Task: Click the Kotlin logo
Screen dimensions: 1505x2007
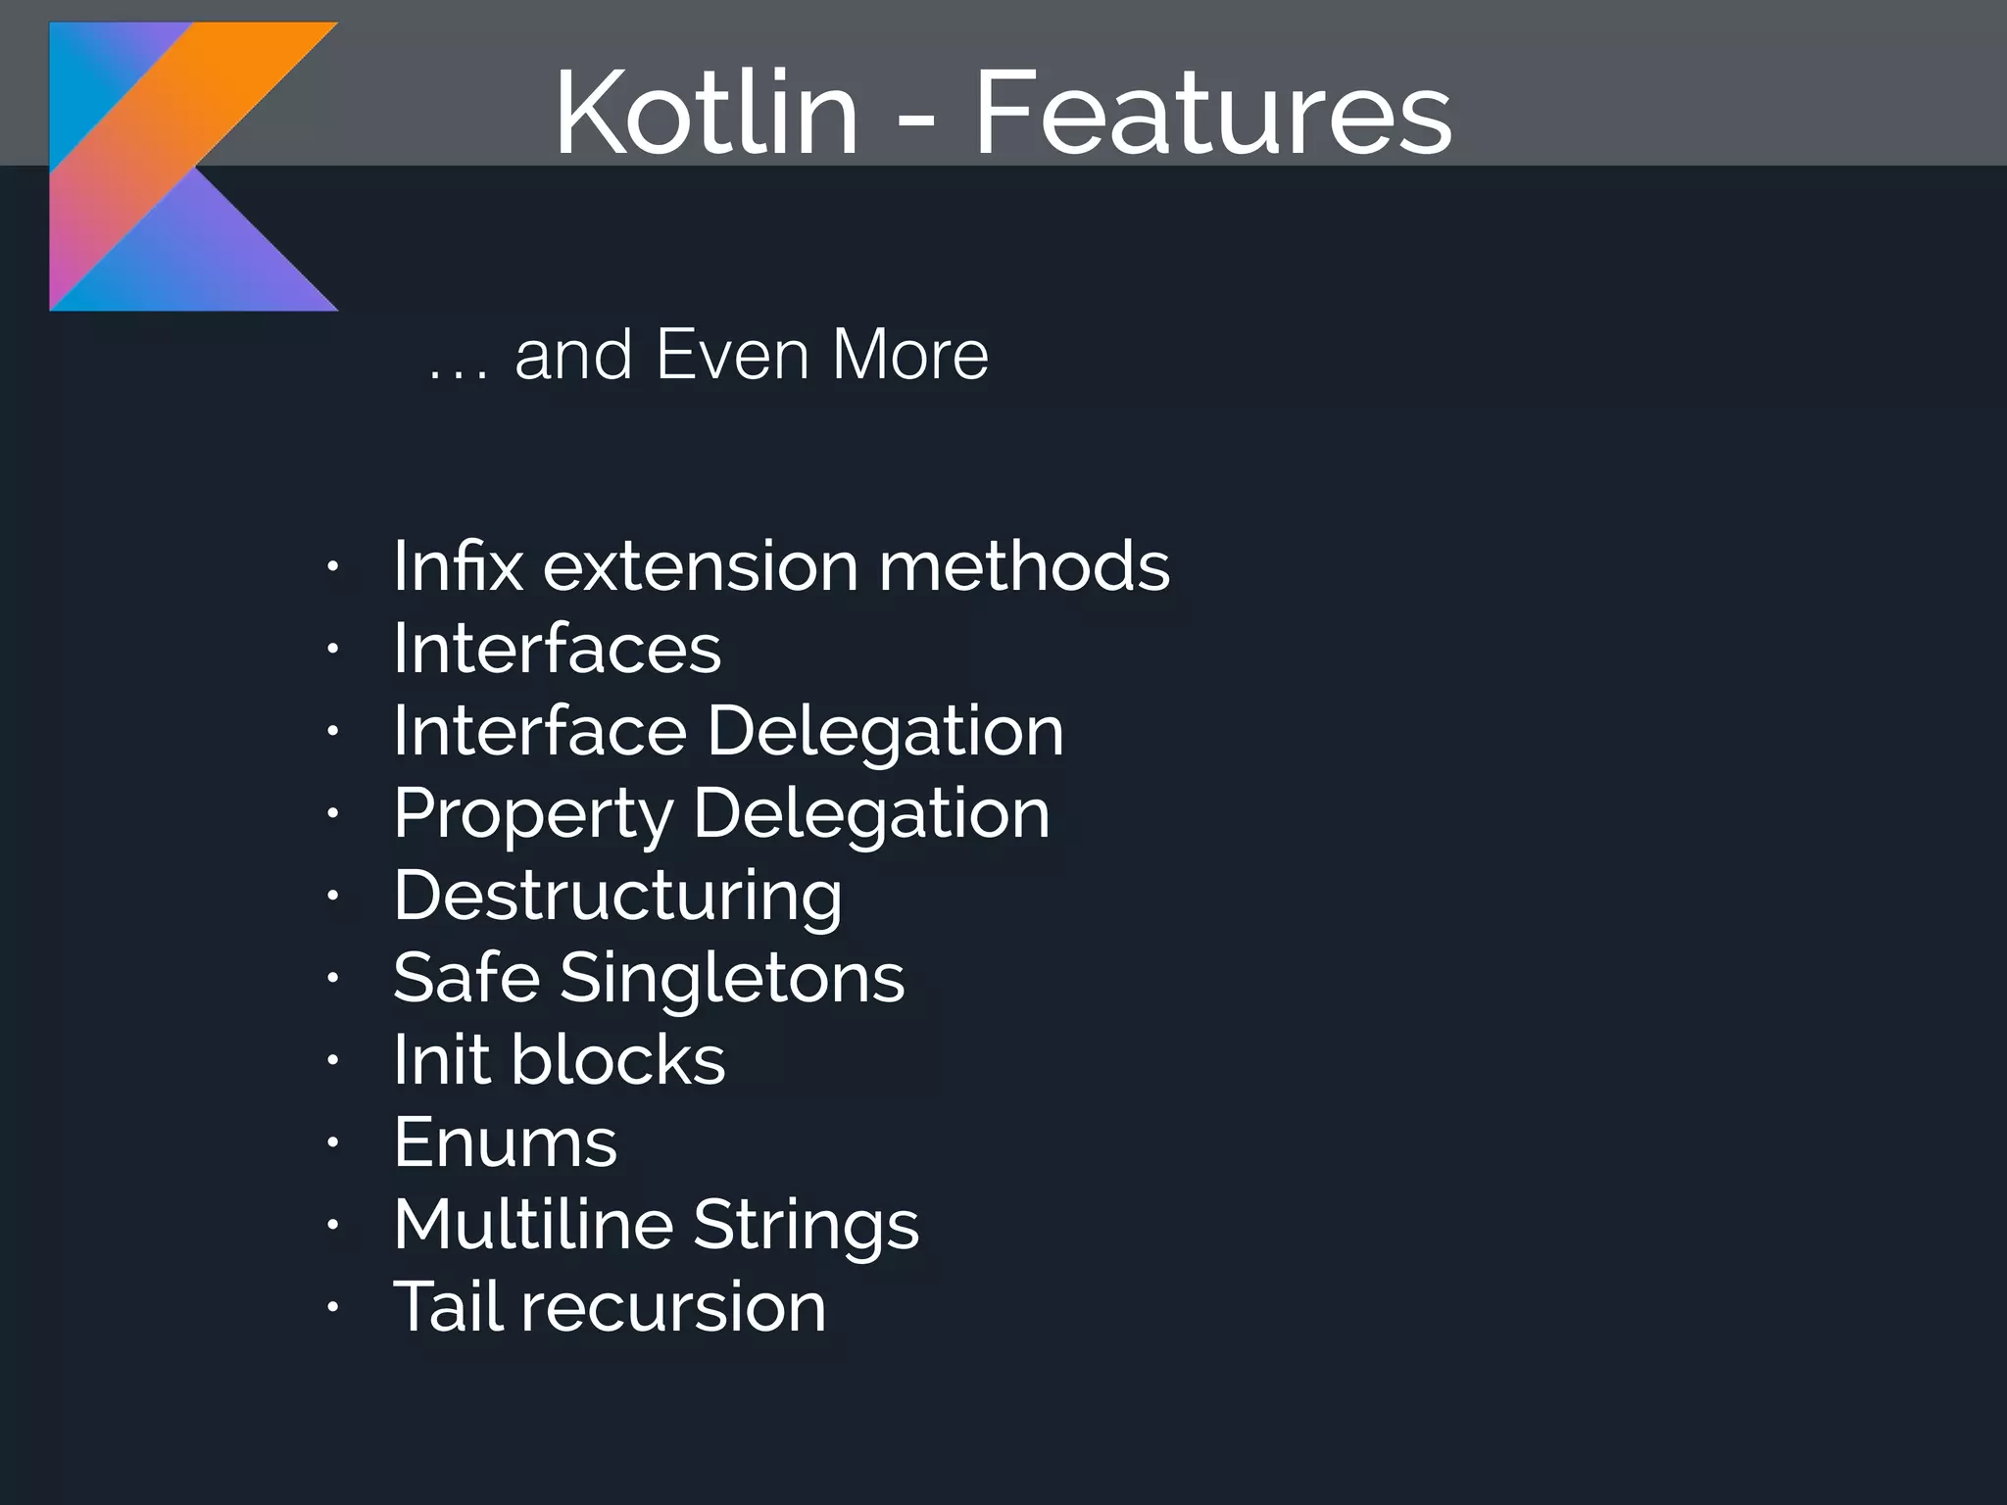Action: click(x=193, y=167)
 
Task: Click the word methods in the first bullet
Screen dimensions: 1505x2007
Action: click(x=1024, y=566)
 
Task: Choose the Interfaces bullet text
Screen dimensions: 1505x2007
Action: click(x=557, y=649)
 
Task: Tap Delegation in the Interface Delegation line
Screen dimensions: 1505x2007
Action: click(x=885, y=733)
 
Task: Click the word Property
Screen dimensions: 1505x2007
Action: click(x=532, y=815)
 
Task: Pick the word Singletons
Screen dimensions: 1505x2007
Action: click(x=732, y=979)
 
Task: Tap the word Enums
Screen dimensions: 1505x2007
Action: click(x=505, y=1142)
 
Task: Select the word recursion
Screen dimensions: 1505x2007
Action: click(x=673, y=1307)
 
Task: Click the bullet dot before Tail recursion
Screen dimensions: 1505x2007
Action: click(x=333, y=1307)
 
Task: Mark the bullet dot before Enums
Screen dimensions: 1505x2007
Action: click(x=333, y=1142)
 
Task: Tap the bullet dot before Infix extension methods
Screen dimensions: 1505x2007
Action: click(x=333, y=566)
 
